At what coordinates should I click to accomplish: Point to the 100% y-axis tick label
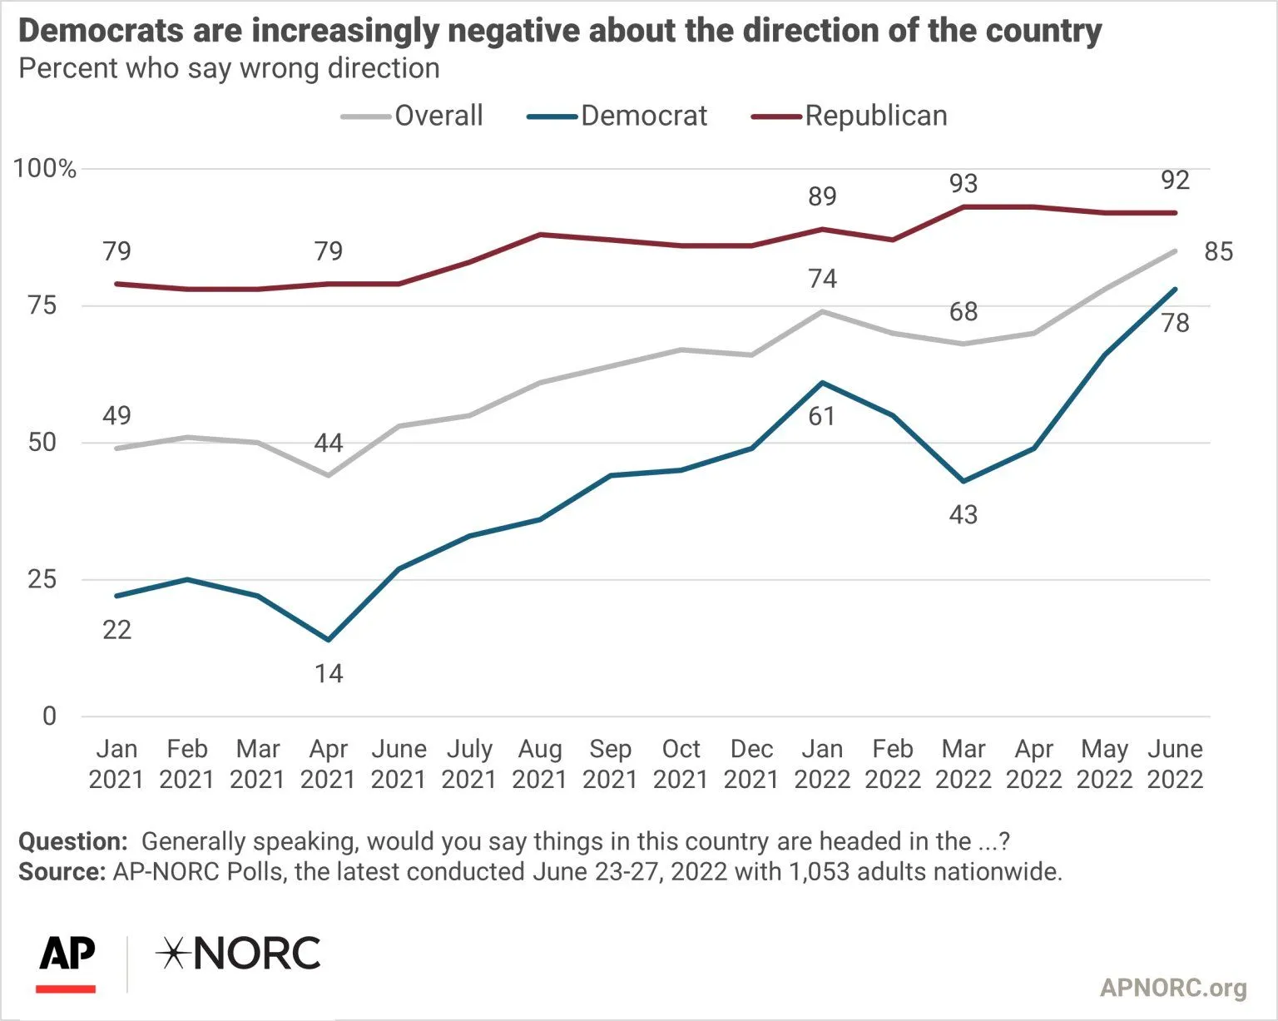click(45, 169)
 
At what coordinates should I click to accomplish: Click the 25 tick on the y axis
click(42, 579)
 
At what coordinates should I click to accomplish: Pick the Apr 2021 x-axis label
click(328, 764)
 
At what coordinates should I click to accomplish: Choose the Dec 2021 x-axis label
click(751, 764)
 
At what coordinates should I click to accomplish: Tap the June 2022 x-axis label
click(1175, 764)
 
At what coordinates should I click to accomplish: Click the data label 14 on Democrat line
click(329, 673)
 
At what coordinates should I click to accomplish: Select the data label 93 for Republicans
click(963, 184)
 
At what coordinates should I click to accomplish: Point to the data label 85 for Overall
click(1218, 252)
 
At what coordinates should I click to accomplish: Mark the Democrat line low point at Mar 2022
click(963, 481)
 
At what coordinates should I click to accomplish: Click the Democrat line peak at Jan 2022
click(822, 383)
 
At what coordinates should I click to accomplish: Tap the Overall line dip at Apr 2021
click(328, 475)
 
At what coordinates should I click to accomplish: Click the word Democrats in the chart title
click(101, 31)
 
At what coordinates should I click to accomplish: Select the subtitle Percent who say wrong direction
click(229, 68)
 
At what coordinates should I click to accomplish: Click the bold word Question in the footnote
click(72, 841)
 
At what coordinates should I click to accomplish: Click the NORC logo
click(239, 954)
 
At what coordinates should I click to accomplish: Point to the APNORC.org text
click(1173, 988)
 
